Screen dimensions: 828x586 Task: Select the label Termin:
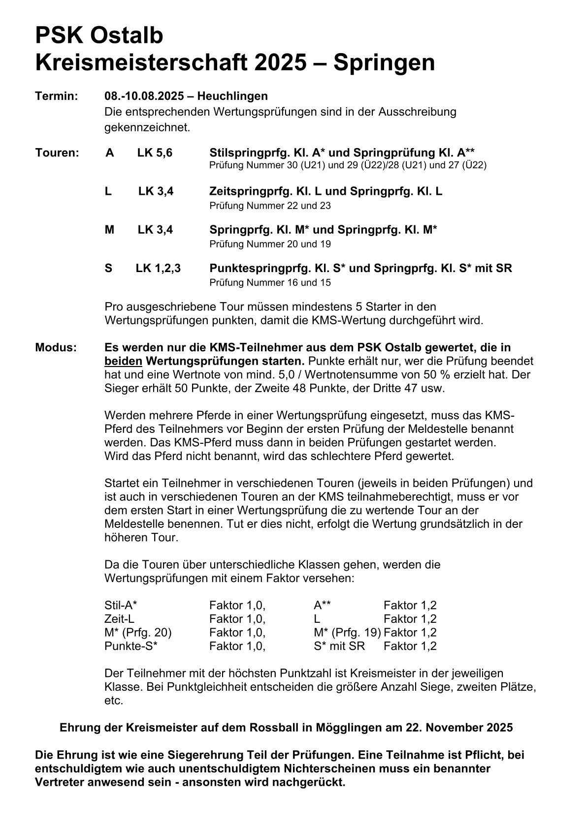[x=57, y=96]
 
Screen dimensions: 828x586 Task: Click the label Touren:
[x=57, y=153]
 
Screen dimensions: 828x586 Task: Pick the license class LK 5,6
[x=155, y=153]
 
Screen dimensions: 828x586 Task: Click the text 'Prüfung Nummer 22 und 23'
[x=270, y=206]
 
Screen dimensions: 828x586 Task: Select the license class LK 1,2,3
[x=158, y=268]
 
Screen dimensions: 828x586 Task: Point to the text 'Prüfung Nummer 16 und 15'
[x=270, y=282]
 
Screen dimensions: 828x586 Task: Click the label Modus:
[x=56, y=347]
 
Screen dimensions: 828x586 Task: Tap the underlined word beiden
[x=123, y=361]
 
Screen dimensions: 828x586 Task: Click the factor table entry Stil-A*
[x=121, y=605]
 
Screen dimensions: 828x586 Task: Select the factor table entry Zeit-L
[x=119, y=619]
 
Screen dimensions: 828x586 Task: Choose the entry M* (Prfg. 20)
[x=138, y=632]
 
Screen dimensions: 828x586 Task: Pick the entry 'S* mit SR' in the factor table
[x=339, y=646]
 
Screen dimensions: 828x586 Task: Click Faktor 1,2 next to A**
[x=410, y=605]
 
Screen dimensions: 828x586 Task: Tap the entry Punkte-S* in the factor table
[x=130, y=646]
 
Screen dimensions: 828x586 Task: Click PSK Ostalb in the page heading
[x=99, y=36]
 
